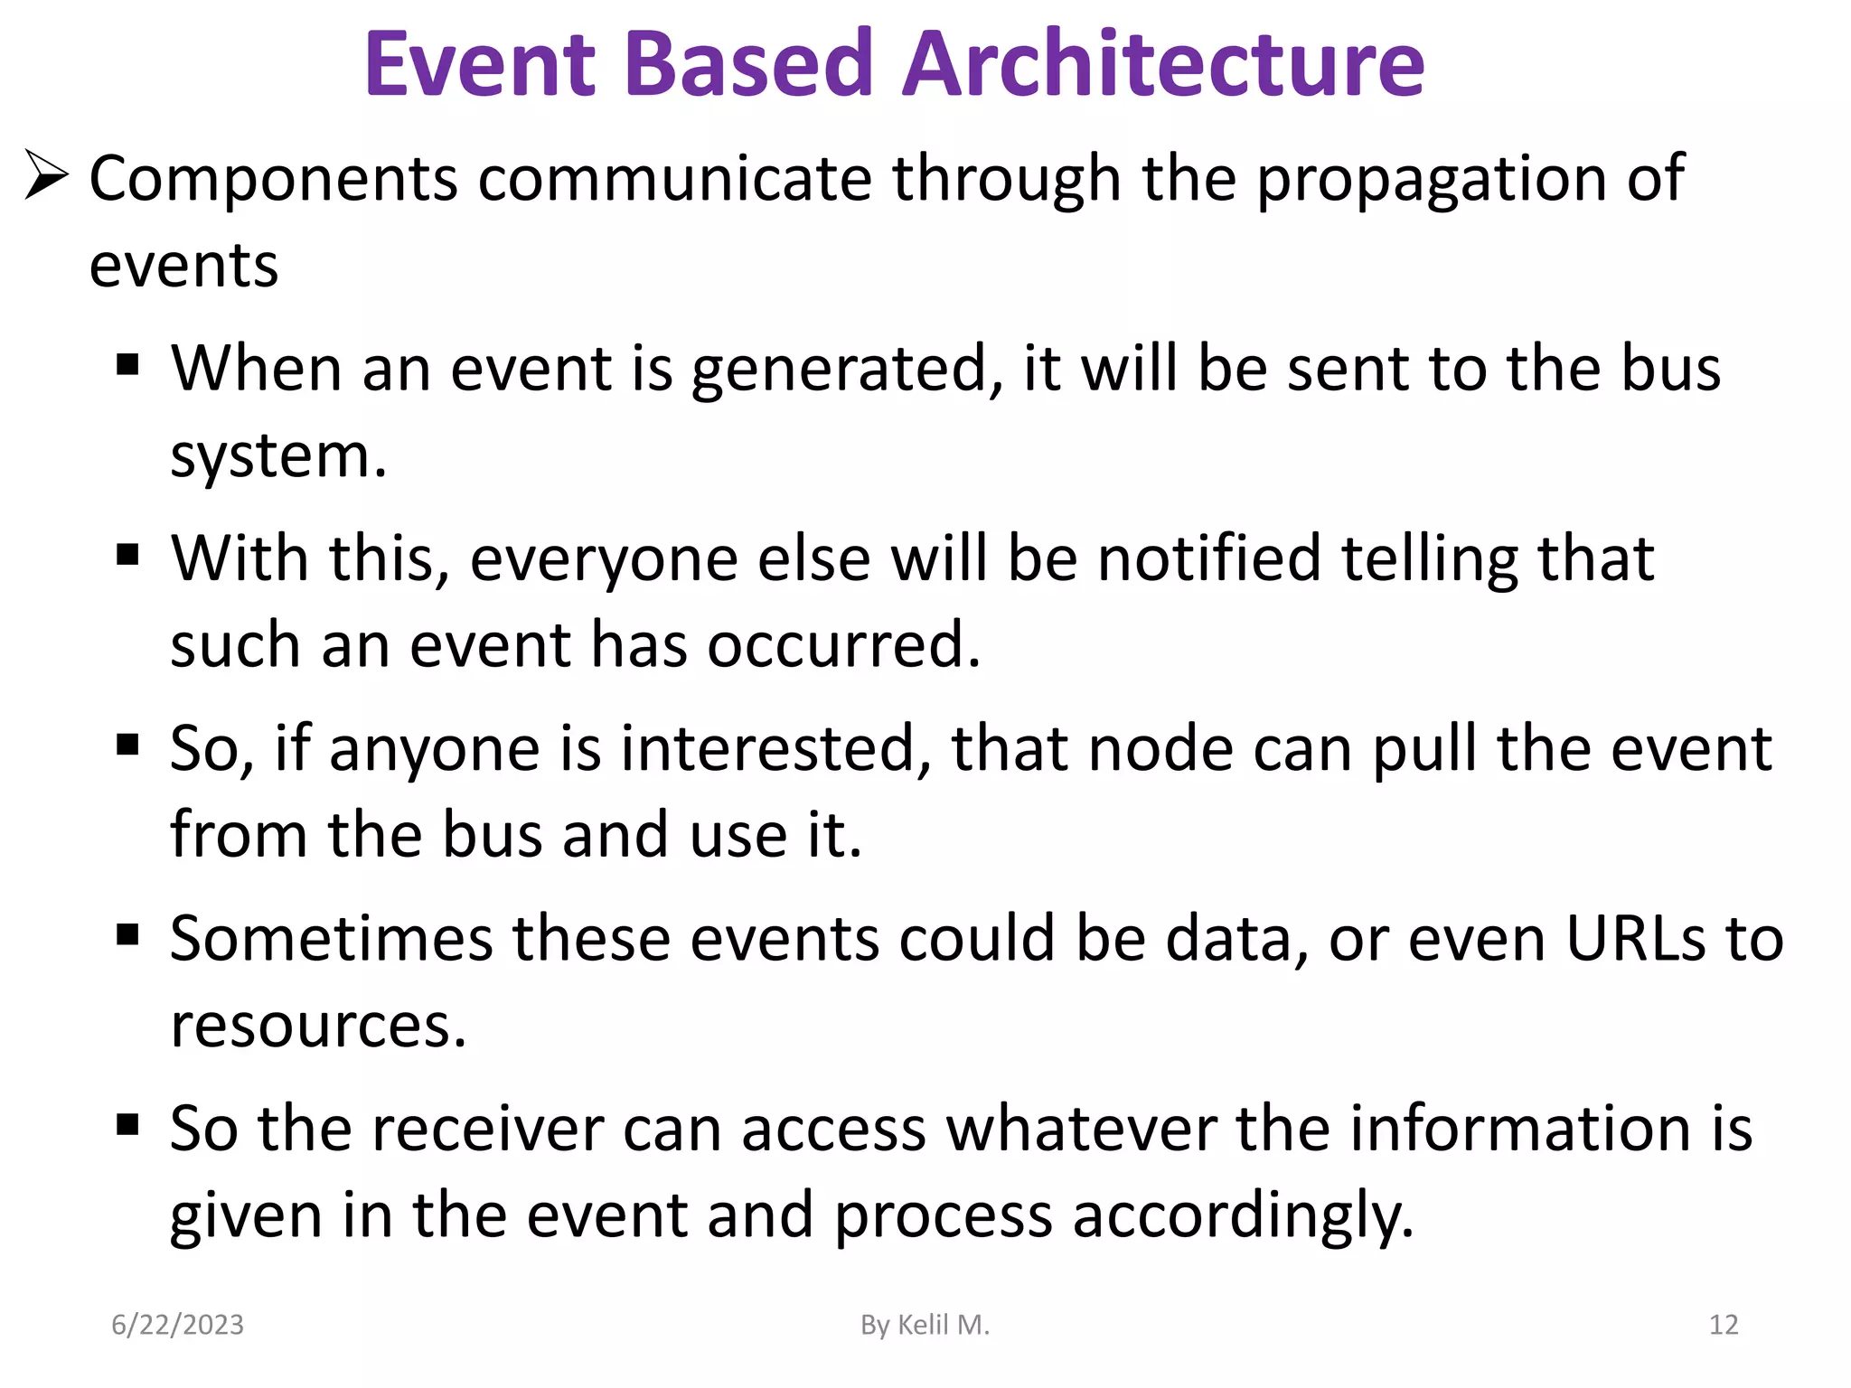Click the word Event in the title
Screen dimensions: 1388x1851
pos(480,65)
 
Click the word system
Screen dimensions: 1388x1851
pos(278,457)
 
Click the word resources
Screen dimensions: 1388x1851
pos(318,1027)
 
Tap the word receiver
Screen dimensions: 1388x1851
pos(488,1130)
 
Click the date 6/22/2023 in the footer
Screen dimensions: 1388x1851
pos(177,1325)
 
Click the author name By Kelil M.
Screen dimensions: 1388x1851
pos(925,1325)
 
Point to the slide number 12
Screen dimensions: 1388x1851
pos(1723,1325)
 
